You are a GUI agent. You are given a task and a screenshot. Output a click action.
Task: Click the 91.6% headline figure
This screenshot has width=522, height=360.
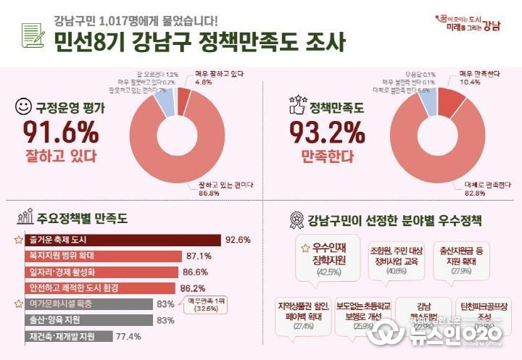tap(60, 131)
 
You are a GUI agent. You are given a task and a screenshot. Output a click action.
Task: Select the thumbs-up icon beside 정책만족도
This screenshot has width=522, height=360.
tap(296, 107)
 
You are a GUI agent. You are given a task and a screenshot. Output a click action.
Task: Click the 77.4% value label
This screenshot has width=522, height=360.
tap(128, 336)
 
